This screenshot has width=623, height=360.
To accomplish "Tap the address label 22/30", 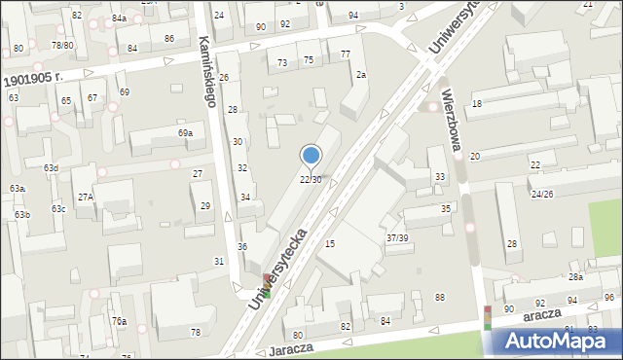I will pos(311,180).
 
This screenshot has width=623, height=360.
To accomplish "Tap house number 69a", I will pos(184,132).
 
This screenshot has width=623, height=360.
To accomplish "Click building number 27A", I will pos(86,197).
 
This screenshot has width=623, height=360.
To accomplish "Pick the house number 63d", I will pos(51,168).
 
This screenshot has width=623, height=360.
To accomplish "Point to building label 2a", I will pos(360,75).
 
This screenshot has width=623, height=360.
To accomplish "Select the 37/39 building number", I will pos(397,238).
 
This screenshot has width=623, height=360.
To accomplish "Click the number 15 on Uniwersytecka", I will pos(330,243).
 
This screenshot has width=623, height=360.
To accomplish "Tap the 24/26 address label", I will pos(542,194).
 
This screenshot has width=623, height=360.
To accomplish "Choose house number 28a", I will pos(575,277).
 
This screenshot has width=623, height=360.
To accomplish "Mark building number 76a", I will pos(118,321).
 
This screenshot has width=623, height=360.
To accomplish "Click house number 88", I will pos(440,298).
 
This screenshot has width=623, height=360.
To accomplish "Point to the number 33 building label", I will pos(440,176).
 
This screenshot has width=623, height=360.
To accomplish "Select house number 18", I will pos(477,103).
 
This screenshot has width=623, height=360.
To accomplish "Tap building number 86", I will pos(169,39).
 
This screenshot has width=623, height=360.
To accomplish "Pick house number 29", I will pos(205,206).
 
